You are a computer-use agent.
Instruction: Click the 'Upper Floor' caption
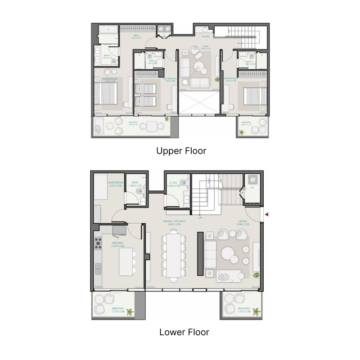pyautogui.click(x=181, y=151)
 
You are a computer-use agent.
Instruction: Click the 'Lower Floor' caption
pyautogui.click(x=184, y=333)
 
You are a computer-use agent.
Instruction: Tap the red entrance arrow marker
pyautogui.click(x=266, y=215)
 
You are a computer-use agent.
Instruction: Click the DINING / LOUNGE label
pyautogui.click(x=174, y=221)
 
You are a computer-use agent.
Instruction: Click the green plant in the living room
pyautogui.click(x=256, y=275)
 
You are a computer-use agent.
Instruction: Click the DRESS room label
pyautogui.click(x=135, y=36)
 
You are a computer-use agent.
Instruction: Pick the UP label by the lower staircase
pyautogui.click(x=199, y=218)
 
